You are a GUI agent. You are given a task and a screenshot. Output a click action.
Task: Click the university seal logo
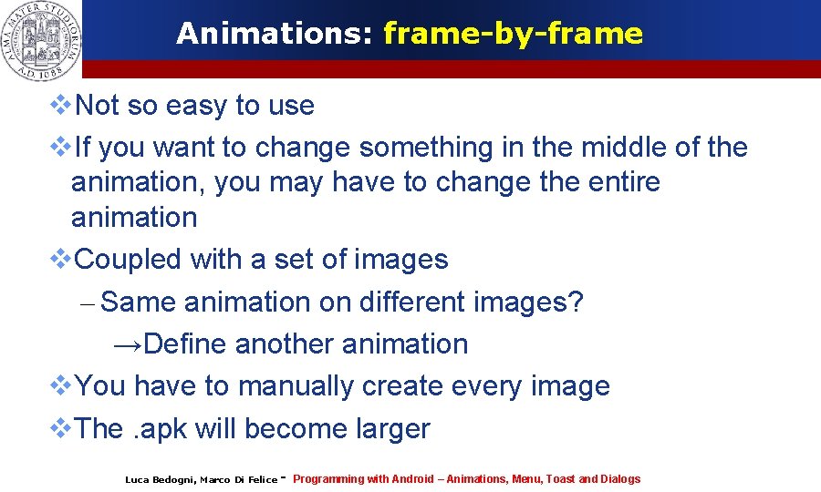point(41,37)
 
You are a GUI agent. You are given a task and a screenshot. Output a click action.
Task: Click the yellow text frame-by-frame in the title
point(513,34)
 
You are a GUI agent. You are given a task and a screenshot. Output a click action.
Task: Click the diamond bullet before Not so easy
point(60,106)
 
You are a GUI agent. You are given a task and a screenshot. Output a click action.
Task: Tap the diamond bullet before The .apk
point(60,428)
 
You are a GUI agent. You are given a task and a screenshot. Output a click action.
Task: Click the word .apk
point(161,428)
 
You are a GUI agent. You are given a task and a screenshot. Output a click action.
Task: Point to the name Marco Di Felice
point(238,480)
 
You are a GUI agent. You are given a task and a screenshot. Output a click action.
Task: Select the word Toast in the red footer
point(561,479)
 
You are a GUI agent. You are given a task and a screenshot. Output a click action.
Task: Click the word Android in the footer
point(413,479)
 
